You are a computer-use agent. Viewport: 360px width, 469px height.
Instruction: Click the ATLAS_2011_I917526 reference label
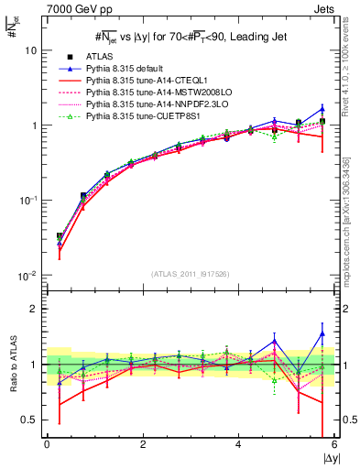[x=190, y=275]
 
